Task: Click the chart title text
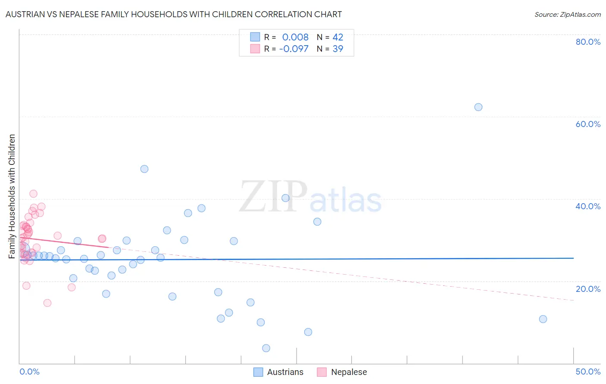(174, 15)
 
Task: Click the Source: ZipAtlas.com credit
(567, 15)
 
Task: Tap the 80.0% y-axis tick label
(588, 42)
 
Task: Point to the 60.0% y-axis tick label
(588, 124)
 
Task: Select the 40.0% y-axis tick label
(588, 206)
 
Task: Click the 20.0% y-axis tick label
(588, 289)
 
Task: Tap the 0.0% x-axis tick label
(29, 372)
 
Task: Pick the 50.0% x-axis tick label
(588, 372)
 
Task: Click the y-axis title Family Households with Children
(12, 196)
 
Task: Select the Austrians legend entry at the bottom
(278, 372)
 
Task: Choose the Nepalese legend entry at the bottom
(342, 372)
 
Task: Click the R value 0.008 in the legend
(295, 37)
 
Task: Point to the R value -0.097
(294, 49)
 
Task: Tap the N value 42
(338, 37)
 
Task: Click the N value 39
(338, 49)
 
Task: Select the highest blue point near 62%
(478, 107)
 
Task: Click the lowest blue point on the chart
(266, 348)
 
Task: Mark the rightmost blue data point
(543, 319)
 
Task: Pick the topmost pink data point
(33, 194)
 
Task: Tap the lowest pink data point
(47, 303)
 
